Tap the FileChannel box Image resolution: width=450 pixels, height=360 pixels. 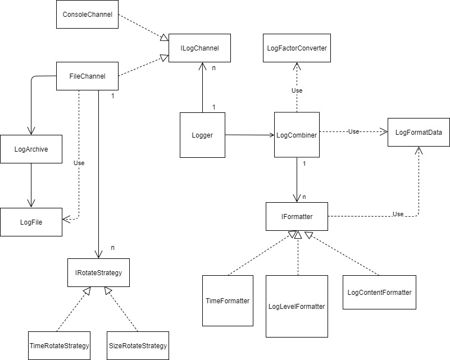88,76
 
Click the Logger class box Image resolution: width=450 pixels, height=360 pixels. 202,135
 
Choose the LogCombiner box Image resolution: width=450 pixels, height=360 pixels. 297,135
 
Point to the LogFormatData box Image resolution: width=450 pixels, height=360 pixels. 419,133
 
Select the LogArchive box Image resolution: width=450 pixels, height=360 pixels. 31,149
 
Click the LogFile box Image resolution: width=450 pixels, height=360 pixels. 31,222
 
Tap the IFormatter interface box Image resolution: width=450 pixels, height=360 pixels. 297,216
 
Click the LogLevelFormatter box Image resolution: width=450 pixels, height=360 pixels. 297,306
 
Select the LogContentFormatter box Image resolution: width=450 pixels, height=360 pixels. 379,292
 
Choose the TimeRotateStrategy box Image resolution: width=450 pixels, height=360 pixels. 59,345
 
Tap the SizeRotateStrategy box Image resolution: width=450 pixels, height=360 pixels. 138,345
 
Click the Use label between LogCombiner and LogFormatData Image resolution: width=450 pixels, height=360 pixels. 353,131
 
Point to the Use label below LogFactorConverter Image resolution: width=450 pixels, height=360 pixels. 297,90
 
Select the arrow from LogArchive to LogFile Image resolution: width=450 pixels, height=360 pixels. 31,185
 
